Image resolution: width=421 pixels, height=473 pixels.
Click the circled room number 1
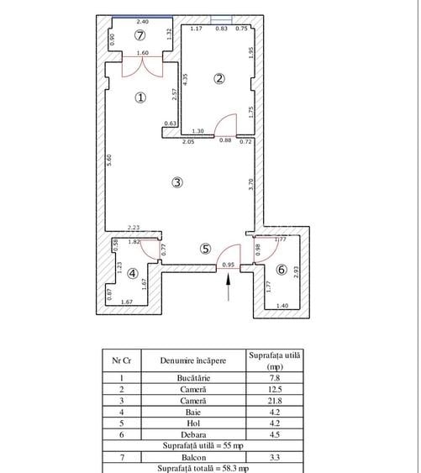pos(141,97)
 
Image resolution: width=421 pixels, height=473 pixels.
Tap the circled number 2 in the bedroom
pos(219,79)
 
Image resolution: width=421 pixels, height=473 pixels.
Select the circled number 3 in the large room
pos(177,181)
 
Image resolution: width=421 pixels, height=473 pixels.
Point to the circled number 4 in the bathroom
pos(133,272)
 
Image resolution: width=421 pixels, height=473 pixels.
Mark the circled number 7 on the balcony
pos(140,35)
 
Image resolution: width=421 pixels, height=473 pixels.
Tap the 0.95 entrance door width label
pos(228,265)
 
